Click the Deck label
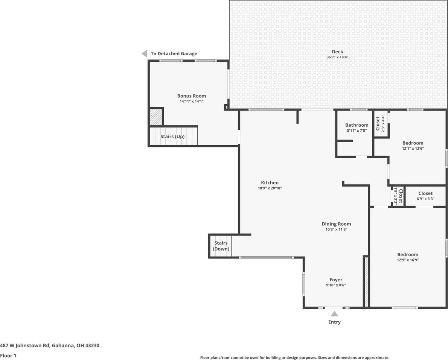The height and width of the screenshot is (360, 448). click(337, 52)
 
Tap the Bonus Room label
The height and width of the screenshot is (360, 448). click(191, 96)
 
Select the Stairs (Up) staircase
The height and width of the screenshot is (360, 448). click(174, 136)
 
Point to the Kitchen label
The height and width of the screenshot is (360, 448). click(270, 183)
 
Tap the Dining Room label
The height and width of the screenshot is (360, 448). click(336, 224)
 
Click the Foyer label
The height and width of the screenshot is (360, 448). click(336, 280)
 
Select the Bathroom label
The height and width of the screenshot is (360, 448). click(357, 125)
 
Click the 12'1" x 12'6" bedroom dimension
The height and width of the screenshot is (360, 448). click(413, 149)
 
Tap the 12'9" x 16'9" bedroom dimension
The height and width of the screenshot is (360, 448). click(408, 260)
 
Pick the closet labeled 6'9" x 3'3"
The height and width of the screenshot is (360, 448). click(425, 196)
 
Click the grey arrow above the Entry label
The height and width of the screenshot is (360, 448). click(334, 314)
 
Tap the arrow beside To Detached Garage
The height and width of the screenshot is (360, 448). click(145, 53)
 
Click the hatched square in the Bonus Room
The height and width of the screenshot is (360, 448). click(156, 117)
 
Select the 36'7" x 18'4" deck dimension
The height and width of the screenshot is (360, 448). click(337, 57)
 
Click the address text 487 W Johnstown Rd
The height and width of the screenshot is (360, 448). click(25, 345)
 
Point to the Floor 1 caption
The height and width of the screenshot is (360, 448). click(8, 356)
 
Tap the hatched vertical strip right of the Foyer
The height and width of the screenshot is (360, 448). click(366, 282)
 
